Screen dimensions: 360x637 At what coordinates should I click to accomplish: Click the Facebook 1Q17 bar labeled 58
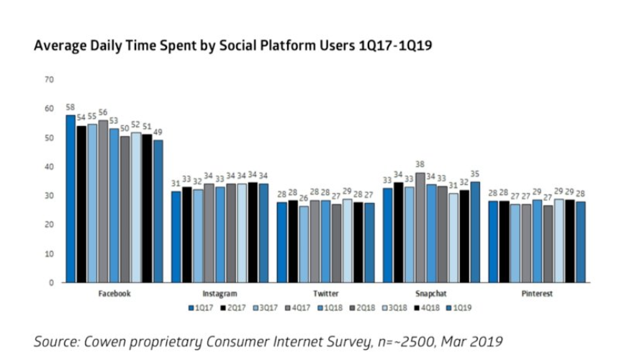[71, 199]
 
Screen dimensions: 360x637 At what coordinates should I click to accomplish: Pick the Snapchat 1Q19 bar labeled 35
[474, 232]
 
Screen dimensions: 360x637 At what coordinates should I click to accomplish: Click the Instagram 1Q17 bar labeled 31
[176, 237]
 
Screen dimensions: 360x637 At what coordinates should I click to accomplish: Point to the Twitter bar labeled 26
[303, 244]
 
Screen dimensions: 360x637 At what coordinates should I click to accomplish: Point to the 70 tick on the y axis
[49, 79]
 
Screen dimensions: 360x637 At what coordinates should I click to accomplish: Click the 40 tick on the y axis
[49, 166]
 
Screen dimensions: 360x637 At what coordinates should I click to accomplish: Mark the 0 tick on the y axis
[51, 282]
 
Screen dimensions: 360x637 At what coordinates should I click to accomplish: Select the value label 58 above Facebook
[71, 107]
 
